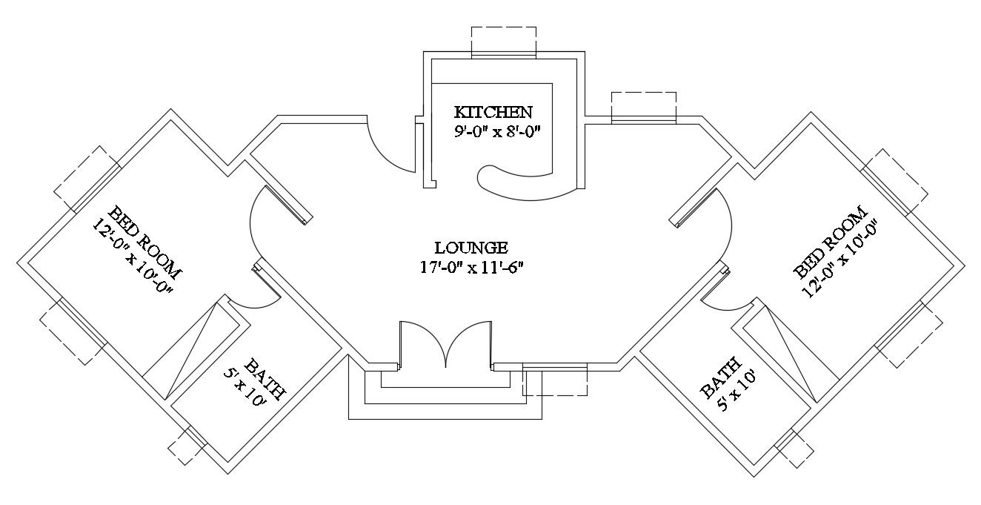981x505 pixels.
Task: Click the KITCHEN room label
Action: pyautogui.click(x=493, y=113)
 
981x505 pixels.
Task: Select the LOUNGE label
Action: pyautogui.click(x=470, y=247)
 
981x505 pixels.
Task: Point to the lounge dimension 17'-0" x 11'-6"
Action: pyautogui.click(x=472, y=265)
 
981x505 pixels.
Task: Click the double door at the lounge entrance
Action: pyautogui.click(x=445, y=344)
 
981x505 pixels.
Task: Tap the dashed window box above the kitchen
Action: pyautogui.click(x=504, y=41)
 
